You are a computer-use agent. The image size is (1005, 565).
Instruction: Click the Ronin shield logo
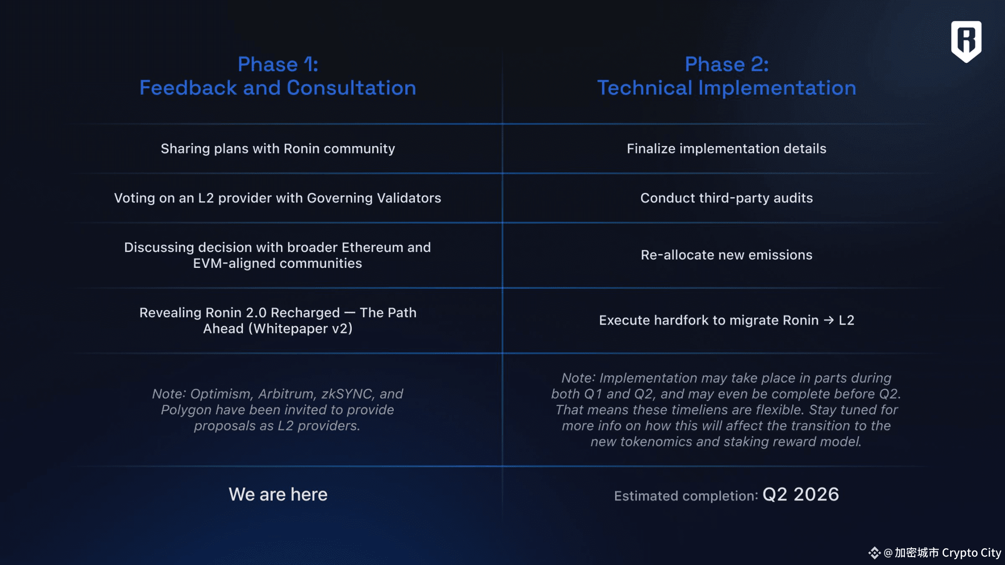[x=966, y=41]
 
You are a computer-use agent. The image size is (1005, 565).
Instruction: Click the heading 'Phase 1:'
[x=278, y=64]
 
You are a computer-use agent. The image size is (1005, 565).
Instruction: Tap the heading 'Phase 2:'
[x=727, y=64]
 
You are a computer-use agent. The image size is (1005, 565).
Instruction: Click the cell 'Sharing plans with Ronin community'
[x=278, y=149]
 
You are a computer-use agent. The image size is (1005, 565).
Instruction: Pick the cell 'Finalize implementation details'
[x=726, y=149]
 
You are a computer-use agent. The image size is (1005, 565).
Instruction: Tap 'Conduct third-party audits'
[x=726, y=198]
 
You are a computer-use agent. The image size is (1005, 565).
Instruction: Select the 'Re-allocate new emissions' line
[x=726, y=255]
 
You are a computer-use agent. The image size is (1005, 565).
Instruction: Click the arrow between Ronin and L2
[x=829, y=320]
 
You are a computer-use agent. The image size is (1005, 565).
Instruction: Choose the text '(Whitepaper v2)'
[x=301, y=329]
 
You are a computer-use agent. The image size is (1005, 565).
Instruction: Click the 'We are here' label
[x=278, y=494]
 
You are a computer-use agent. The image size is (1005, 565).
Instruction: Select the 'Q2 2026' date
[x=801, y=494]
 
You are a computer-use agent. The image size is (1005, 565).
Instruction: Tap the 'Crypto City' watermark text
[x=971, y=553]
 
